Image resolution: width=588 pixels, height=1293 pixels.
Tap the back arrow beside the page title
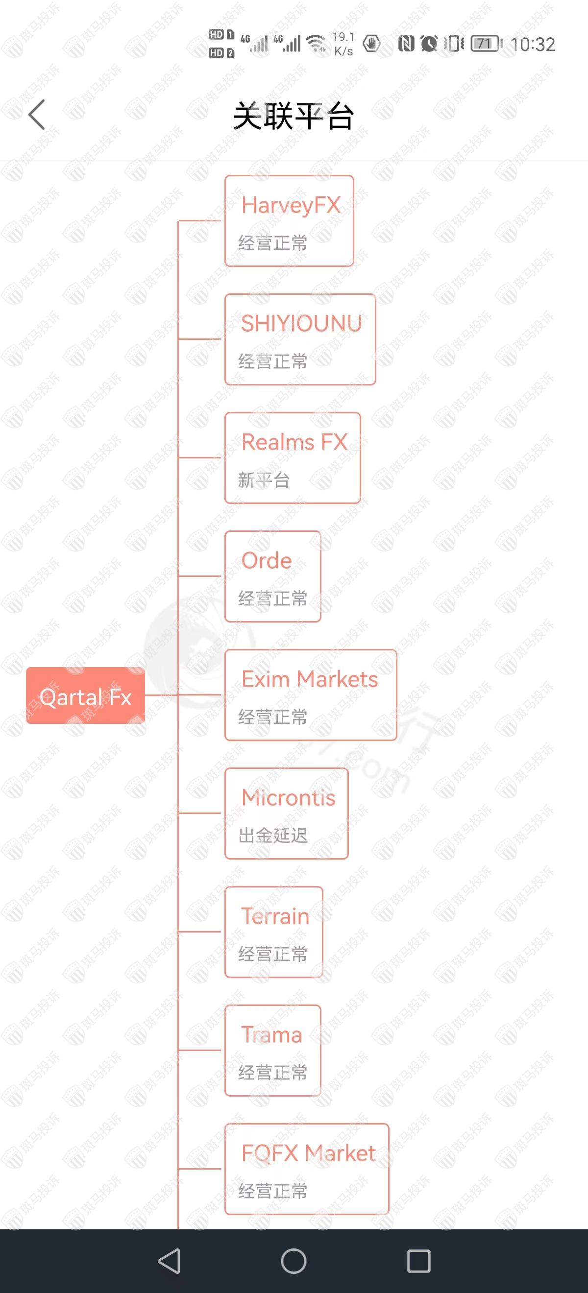point(37,115)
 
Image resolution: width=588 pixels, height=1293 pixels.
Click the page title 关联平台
point(294,116)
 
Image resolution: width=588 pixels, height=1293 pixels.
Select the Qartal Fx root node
point(85,695)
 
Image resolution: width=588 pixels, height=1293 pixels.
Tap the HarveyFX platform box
point(289,221)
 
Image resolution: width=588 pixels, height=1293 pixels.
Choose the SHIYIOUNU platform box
point(300,339)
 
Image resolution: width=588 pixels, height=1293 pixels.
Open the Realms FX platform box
point(293,458)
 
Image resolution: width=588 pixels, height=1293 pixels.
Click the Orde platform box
point(272,576)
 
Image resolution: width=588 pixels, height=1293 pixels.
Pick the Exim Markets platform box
point(311,694)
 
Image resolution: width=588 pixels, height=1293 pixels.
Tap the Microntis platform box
point(287,813)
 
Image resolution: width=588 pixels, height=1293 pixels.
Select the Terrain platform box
point(273,932)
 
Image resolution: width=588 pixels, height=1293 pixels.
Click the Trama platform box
point(272,1050)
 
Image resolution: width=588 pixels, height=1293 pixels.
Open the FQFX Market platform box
point(307,1169)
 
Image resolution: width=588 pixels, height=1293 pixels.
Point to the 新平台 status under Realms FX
point(264,480)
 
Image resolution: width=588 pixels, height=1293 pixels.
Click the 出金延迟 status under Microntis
point(272,836)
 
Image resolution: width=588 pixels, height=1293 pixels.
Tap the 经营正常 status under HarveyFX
point(272,243)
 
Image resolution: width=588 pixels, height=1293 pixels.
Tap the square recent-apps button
point(419,1261)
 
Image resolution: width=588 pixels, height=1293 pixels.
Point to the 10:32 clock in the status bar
point(533,45)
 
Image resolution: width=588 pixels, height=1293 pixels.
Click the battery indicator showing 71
point(486,44)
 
